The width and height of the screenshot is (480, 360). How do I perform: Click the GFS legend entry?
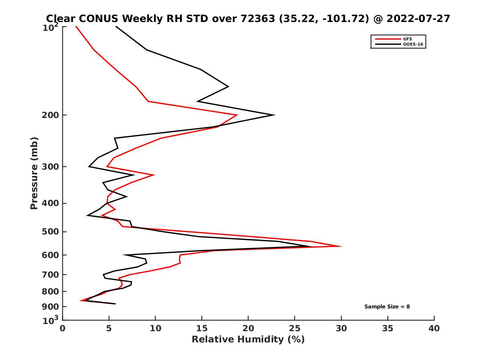click(x=408, y=39)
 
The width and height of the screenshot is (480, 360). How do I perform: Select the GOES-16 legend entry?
click(x=413, y=44)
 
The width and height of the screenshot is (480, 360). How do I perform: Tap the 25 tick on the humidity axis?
click(x=295, y=328)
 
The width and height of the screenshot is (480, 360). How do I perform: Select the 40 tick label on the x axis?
click(x=434, y=328)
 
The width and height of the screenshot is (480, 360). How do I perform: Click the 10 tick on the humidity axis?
click(x=156, y=328)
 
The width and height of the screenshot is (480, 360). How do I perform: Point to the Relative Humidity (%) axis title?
click(x=248, y=340)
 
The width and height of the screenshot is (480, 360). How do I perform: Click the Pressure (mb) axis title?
click(x=34, y=173)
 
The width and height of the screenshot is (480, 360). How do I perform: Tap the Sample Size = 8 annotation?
click(x=387, y=307)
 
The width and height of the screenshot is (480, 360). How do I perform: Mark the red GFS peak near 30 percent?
click(x=342, y=246)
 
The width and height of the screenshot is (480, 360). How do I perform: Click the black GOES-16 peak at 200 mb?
click(x=274, y=115)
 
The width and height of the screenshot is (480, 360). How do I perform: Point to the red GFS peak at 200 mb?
click(x=237, y=115)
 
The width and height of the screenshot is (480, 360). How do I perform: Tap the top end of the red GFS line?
click(x=76, y=26)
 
